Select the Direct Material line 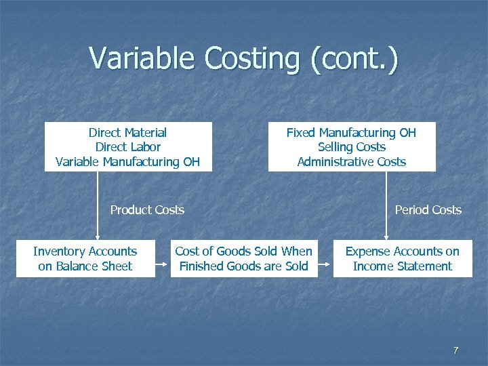(x=127, y=133)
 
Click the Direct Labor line (x=127, y=147)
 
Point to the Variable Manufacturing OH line (x=127, y=161)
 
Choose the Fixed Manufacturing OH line (x=351, y=133)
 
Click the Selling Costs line (x=351, y=147)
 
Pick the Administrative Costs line (x=351, y=161)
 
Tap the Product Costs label (x=147, y=210)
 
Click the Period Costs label (x=428, y=210)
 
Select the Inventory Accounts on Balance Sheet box (x=85, y=258)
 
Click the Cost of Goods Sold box (x=243, y=258)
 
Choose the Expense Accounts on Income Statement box (x=402, y=258)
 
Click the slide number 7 (x=455, y=350)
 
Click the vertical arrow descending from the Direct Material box (x=98, y=203)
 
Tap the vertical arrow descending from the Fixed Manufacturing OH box (x=386, y=203)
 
